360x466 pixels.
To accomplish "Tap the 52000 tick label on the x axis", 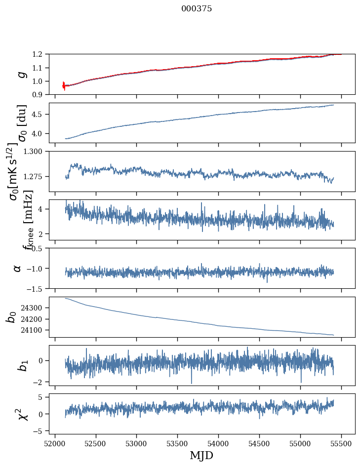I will click(x=55, y=443).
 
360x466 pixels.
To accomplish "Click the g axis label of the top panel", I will click(x=21, y=74).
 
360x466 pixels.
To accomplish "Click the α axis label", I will click(x=17, y=268).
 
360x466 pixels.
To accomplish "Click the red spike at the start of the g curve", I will click(x=64, y=85).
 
